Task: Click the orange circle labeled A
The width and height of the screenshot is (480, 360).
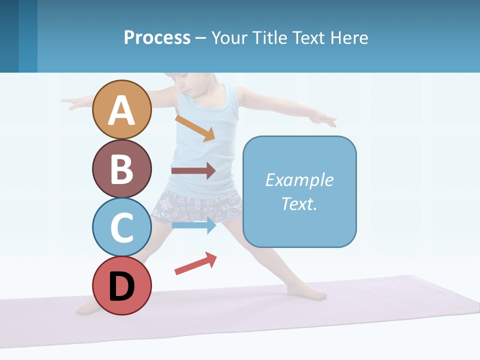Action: coord(121,109)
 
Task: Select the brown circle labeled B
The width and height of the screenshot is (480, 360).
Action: coord(121,168)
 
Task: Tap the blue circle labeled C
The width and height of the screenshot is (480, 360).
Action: coord(121,227)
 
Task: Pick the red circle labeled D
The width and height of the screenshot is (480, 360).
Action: coord(121,285)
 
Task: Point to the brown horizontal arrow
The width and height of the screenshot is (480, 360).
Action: coord(193,171)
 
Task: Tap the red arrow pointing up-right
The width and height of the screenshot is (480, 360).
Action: coord(195,263)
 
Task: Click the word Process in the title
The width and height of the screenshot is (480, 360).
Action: coord(157,37)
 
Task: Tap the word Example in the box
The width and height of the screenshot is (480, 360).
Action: coord(299,180)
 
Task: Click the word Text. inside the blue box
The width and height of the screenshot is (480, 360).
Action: coord(299,203)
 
